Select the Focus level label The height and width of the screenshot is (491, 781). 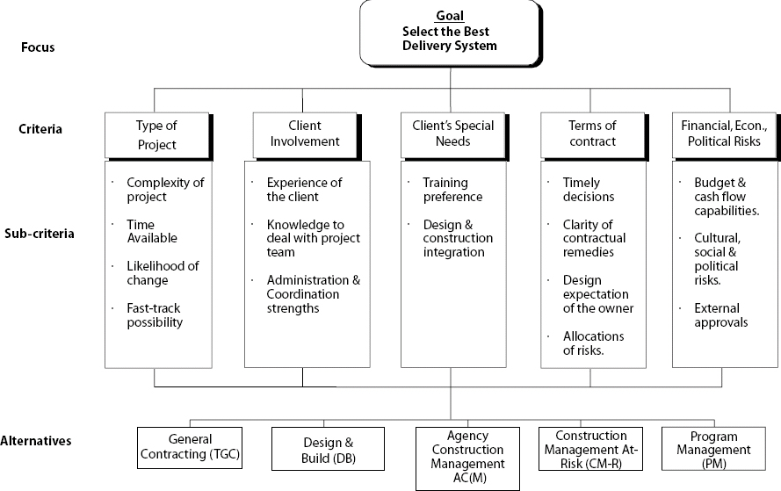point(38,47)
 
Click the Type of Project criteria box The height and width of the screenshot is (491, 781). point(156,134)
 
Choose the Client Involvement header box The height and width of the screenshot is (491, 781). point(303,134)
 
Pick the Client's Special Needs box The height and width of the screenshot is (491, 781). point(452,134)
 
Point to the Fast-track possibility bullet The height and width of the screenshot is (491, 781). point(154,315)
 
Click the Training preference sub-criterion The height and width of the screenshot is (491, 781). point(452,190)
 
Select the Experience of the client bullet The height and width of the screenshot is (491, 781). point(304,190)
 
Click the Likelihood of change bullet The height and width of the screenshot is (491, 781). point(162,273)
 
